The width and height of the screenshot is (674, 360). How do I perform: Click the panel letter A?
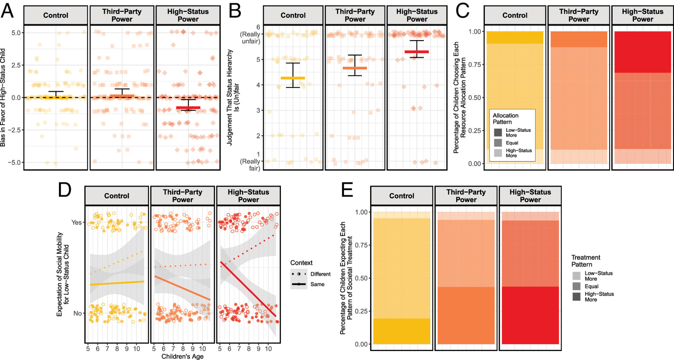7,11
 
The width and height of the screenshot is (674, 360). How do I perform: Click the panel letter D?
64,190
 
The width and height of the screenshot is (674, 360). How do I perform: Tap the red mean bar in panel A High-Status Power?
188,108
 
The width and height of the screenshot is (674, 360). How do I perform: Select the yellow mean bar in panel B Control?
293,78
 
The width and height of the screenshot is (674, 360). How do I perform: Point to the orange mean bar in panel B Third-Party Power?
355,68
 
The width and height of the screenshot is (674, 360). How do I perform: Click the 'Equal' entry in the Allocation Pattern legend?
512,143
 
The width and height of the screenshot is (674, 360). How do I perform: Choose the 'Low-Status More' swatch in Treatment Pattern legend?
577,276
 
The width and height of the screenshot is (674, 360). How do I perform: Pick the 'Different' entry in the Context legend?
320,274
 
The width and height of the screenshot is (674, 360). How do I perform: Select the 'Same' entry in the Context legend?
317,284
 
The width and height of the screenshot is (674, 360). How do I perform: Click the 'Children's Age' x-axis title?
182,356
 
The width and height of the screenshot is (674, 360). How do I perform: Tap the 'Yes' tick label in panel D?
76,222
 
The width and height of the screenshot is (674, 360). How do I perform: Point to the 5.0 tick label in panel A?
16,32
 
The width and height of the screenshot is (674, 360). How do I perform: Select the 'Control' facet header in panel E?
402,196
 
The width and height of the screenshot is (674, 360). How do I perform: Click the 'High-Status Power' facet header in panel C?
642,15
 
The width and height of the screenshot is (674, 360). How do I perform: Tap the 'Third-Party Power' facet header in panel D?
183,196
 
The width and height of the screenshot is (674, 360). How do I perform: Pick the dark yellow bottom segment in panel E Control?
402,331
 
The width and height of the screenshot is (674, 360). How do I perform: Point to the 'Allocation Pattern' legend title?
505,119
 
